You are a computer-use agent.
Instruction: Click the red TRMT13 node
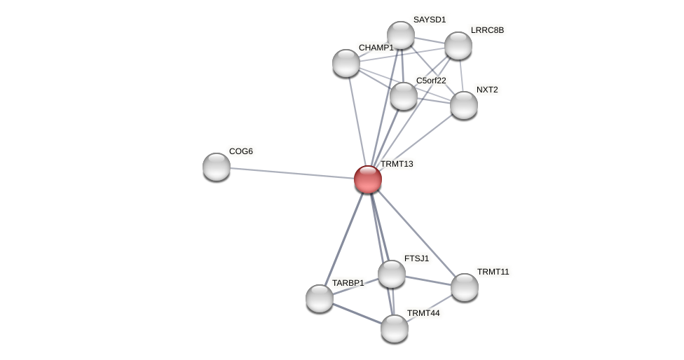click(x=367, y=179)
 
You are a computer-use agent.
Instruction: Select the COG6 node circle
click(x=217, y=167)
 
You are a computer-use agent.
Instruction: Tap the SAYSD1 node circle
click(x=401, y=35)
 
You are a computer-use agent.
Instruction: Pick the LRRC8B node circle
click(x=458, y=46)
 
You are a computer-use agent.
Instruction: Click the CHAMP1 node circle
click(x=346, y=63)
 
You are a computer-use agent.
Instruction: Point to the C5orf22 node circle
click(x=404, y=96)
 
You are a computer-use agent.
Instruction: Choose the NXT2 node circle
click(x=464, y=105)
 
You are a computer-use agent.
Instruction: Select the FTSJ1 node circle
click(x=392, y=274)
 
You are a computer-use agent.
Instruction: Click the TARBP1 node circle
click(x=320, y=298)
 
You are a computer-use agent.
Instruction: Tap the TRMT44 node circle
click(x=395, y=328)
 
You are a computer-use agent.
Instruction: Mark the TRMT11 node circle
click(x=465, y=287)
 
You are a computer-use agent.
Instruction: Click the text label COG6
click(x=241, y=151)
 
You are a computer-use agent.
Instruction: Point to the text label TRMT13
click(x=397, y=164)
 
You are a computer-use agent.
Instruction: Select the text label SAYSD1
click(x=430, y=20)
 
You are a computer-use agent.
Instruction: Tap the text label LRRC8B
click(x=487, y=30)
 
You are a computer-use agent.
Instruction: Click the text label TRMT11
click(x=493, y=272)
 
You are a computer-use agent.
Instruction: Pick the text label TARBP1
click(x=348, y=283)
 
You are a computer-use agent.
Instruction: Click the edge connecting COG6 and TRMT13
click(x=292, y=173)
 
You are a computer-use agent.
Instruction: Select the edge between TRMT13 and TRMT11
click(x=416, y=233)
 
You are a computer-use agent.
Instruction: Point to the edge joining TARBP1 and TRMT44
click(x=357, y=314)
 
